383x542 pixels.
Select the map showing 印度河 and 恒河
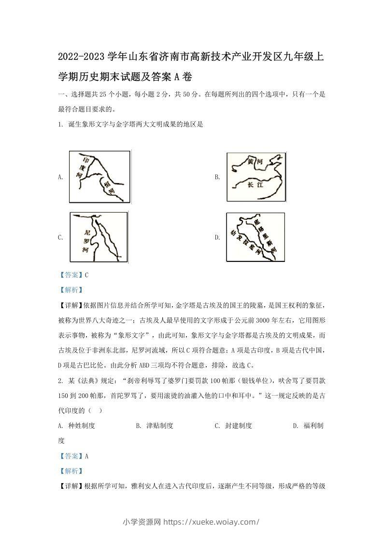[99, 176]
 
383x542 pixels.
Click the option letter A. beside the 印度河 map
[60, 177]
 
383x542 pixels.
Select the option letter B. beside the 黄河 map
[217, 177]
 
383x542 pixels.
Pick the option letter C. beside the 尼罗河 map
[60, 237]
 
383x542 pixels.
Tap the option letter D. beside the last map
[217, 237]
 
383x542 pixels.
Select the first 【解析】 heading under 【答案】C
[70, 290]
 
